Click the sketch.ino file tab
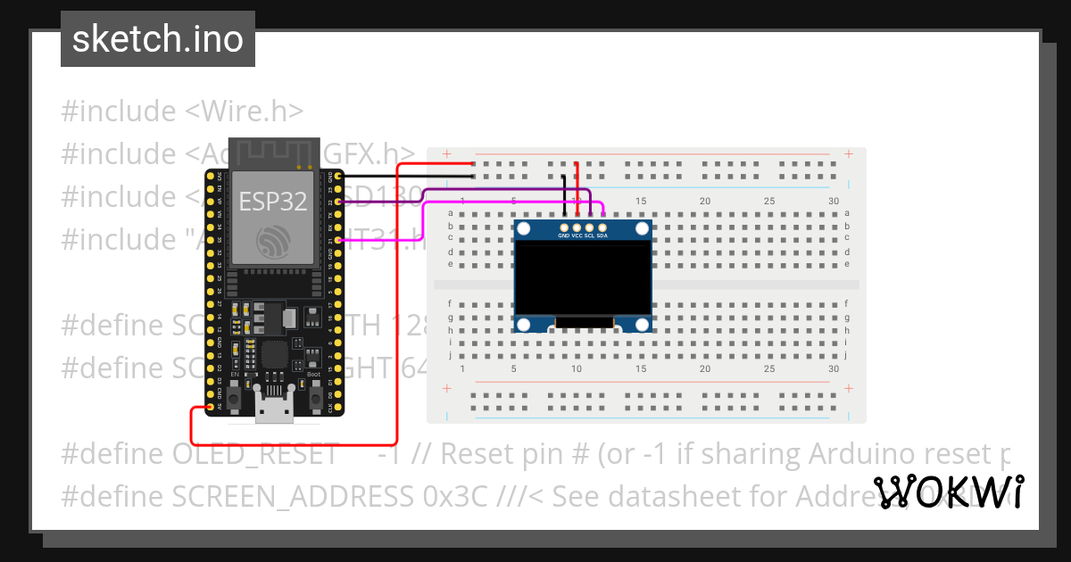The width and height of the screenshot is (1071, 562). click(158, 39)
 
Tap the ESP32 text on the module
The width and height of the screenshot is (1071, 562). click(272, 202)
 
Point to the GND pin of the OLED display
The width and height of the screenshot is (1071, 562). click(564, 228)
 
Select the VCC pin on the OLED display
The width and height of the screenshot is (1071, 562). click(577, 228)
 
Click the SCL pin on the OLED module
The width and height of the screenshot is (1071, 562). click(589, 228)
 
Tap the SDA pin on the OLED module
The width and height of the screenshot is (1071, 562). click(602, 228)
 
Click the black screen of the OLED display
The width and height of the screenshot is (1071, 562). click(584, 280)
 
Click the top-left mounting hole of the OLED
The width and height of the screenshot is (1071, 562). click(524, 230)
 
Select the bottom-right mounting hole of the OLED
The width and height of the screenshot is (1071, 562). click(643, 324)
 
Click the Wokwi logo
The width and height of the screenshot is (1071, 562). click(950, 492)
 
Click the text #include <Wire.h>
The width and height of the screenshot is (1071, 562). click(183, 112)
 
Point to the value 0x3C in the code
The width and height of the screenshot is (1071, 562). click(455, 497)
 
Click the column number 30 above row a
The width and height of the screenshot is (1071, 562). click(834, 202)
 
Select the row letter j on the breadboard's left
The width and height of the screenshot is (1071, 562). click(450, 354)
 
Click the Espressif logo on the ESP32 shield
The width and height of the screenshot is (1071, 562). click(273, 241)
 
